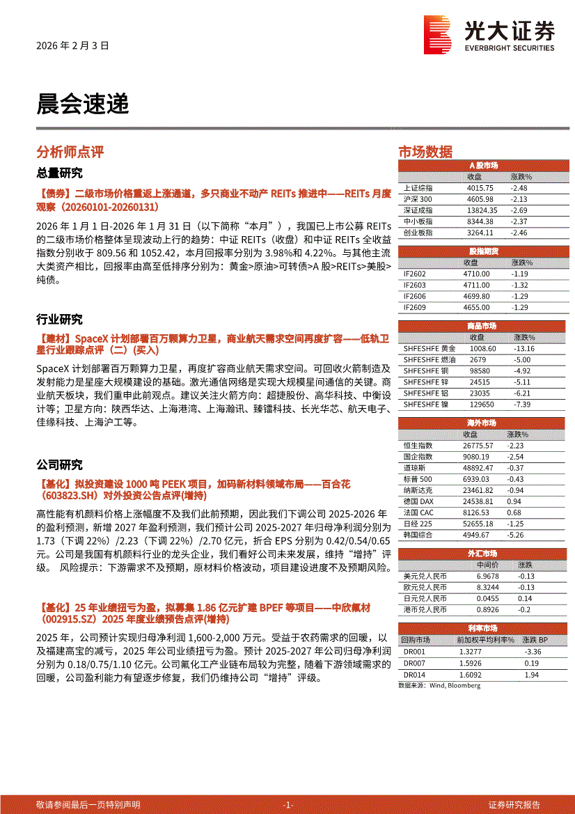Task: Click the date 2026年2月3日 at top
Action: coord(72,46)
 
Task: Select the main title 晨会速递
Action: coord(82,104)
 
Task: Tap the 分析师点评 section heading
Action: coord(70,152)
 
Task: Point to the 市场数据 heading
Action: coord(425,152)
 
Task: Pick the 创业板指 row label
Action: coord(418,233)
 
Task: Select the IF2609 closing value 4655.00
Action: coord(476,307)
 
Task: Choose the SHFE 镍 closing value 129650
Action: coord(482,404)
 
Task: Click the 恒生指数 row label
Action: coord(418,446)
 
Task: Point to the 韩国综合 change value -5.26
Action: coord(515,535)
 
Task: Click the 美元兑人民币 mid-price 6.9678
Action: coord(488,577)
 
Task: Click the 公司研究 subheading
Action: coord(59,465)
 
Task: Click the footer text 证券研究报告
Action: coord(514,804)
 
